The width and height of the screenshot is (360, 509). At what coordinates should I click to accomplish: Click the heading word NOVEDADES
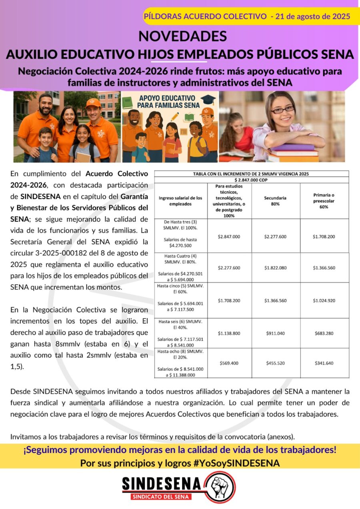(182, 36)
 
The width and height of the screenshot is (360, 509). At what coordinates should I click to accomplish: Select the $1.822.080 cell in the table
(275, 267)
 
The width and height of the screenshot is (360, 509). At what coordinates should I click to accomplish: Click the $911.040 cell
(275, 333)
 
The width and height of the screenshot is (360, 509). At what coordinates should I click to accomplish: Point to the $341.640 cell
(324, 363)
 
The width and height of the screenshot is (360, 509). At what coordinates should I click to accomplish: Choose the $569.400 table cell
(229, 363)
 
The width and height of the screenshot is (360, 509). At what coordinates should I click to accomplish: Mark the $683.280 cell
(324, 333)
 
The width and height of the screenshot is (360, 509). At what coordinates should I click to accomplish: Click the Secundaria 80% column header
(275, 201)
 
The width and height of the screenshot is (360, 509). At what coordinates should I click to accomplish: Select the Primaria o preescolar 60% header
(324, 201)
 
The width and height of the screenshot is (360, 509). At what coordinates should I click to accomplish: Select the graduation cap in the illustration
(208, 99)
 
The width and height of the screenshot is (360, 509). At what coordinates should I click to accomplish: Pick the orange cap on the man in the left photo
(93, 103)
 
